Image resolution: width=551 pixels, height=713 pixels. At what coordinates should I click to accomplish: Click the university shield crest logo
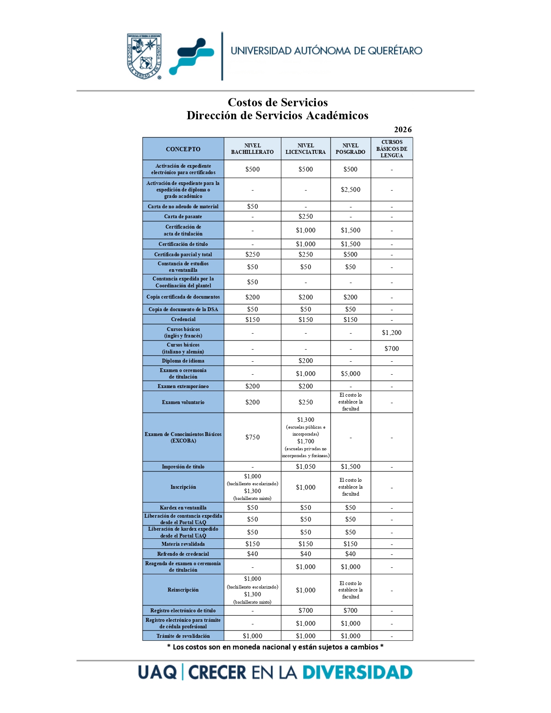click(x=144, y=56)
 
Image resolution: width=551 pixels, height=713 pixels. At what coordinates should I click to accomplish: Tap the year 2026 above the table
click(x=402, y=130)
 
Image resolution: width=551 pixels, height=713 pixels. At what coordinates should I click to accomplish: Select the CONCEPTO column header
click(x=183, y=149)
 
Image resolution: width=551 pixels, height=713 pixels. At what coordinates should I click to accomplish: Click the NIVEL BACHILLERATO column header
click(x=252, y=149)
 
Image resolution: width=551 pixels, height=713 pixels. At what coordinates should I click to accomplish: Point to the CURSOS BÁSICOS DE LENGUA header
click(x=392, y=149)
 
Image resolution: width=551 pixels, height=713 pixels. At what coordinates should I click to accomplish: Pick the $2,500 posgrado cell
click(x=350, y=190)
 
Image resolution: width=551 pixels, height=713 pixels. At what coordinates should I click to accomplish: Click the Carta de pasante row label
click(x=183, y=216)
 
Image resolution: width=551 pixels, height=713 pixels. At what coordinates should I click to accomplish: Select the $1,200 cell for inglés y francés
click(x=392, y=333)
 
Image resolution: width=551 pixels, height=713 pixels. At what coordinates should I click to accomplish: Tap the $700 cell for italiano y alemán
click(x=392, y=349)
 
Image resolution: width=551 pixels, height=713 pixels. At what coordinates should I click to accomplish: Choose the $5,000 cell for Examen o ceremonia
click(x=350, y=374)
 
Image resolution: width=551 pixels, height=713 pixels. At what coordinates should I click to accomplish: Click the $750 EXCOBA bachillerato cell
click(x=252, y=437)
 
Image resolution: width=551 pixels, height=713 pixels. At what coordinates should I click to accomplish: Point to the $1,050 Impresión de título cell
click(x=306, y=467)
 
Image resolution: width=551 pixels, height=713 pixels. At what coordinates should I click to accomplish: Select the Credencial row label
click(x=183, y=319)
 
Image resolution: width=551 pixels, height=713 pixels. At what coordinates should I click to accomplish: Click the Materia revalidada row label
click(x=183, y=544)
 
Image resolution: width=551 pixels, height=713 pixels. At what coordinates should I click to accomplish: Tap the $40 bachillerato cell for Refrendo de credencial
click(x=252, y=554)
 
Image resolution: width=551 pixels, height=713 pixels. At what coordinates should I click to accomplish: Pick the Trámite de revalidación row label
click(x=183, y=636)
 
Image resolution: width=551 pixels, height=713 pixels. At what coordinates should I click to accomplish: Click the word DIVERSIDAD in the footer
click(x=357, y=673)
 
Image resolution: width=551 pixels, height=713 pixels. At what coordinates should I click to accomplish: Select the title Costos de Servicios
click(x=277, y=102)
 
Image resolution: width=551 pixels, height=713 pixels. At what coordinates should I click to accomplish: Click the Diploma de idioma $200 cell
click(x=306, y=361)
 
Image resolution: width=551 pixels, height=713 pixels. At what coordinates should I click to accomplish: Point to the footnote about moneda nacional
click(x=275, y=647)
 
